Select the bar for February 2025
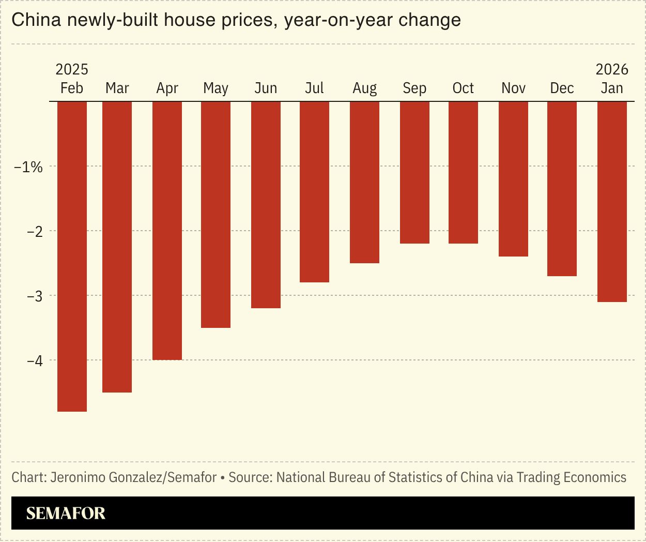tap(72, 256)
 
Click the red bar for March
tap(117, 247)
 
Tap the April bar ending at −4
tap(167, 230)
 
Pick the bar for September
tap(414, 172)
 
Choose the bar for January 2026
tap(612, 201)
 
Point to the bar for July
tap(314, 191)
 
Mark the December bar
tap(562, 188)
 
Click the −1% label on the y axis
tap(28, 167)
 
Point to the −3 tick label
tap(35, 296)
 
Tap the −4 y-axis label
tap(35, 360)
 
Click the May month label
tap(216, 88)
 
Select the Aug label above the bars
tap(364, 88)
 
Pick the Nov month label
tap(513, 88)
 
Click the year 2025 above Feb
tap(72, 69)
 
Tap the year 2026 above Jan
tap(612, 69)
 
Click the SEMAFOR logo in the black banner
tap(66, 513)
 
